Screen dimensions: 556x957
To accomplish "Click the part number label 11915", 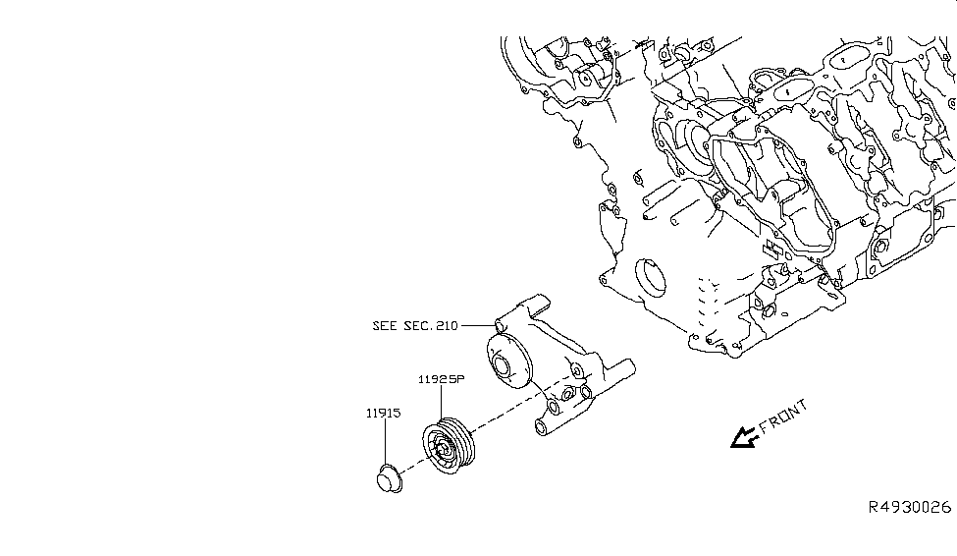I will point(385,414).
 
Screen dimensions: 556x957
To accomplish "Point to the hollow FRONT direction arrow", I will point(743,436).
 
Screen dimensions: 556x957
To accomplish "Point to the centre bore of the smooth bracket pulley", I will point(504,369).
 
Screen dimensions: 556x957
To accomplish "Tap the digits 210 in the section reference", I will point(447,325).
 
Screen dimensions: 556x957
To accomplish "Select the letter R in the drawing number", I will point(873,508).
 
